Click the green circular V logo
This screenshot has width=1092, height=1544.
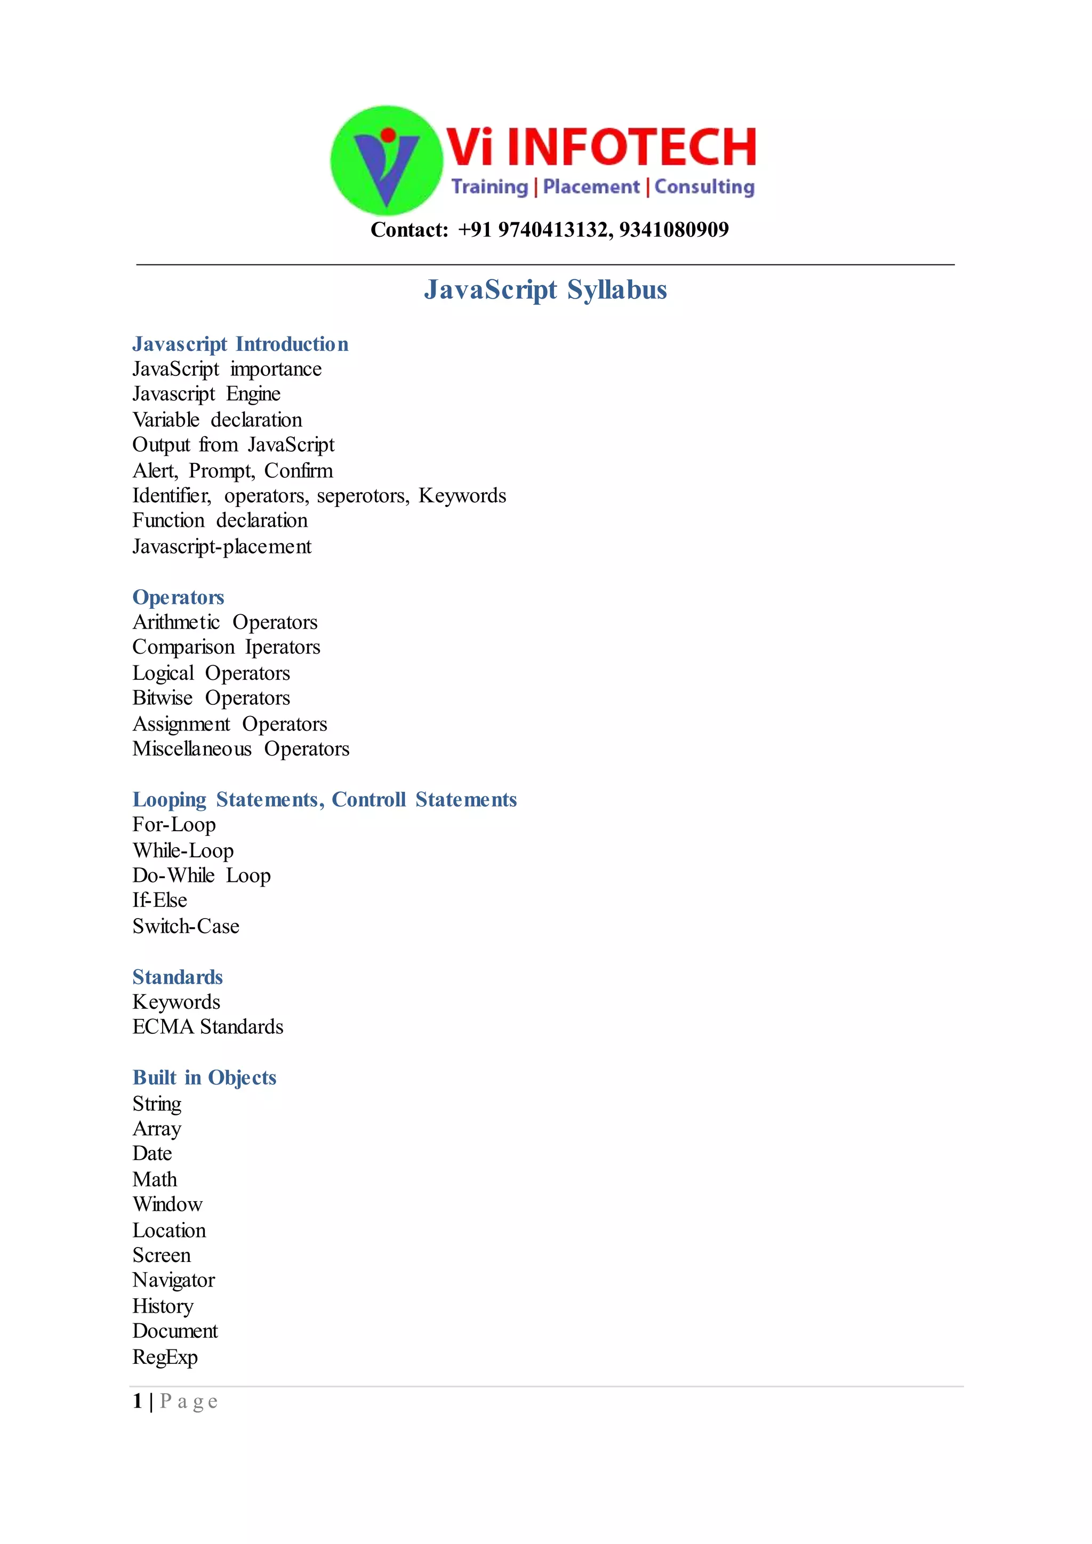(x=386, y=160)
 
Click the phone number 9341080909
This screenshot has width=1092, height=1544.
(x=674, y=230)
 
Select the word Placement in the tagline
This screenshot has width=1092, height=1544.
(x=591, y=187)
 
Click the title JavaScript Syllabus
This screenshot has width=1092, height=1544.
(x=545, y=290)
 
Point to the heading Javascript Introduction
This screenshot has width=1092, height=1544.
(x=240, y=344)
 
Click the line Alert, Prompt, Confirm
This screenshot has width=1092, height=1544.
(x=232, y=471)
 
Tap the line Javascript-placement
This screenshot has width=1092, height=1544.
(x=222, y=546)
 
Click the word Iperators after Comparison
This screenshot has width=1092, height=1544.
(x=283, y=647)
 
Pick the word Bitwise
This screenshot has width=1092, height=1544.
(x=162, y=698)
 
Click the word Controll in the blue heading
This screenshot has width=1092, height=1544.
(x=368, y=800)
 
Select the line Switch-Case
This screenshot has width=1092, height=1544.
(x=186, y=926)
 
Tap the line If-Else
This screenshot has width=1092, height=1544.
(x=159, y=900)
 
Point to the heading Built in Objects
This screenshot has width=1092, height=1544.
(x=204, y=1077)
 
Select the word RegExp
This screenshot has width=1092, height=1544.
(x=165, y=1357)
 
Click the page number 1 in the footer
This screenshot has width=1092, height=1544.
(x=137, y=1402)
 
